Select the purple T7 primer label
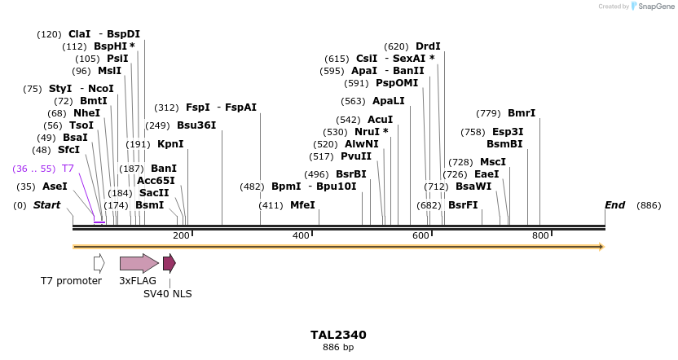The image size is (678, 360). (x=68, y=169)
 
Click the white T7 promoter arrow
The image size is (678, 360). (x=99, y=263)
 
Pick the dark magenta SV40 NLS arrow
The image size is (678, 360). (x=169, y=263)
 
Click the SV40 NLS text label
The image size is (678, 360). (x=167, y=293)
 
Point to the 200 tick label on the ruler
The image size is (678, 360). (x=181, y=235)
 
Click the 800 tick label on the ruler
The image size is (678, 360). (x=540, y=235)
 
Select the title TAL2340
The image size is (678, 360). (x=338, y=335)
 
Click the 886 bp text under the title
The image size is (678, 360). (x=338, y=348)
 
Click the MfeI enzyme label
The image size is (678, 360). (x=302, y=205)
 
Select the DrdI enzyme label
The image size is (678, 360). (x=428, y=46)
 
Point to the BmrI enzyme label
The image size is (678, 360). (x=522, y=113)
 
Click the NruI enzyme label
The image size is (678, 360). (x=371, y=132)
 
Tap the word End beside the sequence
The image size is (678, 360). (x=614, y=205)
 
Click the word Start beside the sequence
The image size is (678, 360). (x=46, y=205)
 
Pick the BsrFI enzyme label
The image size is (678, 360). (x=463, y=205)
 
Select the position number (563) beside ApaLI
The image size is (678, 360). (x=353, y=101)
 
